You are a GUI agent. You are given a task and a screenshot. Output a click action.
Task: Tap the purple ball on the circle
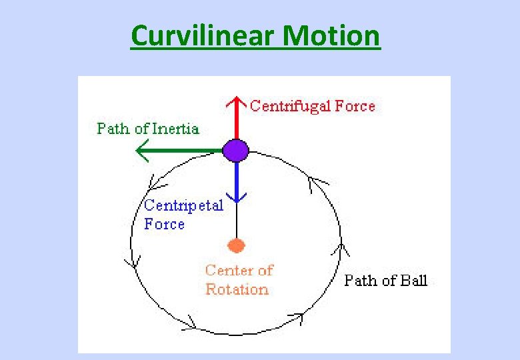(x=235, y=151)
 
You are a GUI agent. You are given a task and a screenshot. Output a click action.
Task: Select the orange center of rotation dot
(x=236, y=245)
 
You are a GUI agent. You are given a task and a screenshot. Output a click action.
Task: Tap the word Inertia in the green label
(x=175, y=129)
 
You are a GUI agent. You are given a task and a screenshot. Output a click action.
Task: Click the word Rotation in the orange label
(x=237, y=289)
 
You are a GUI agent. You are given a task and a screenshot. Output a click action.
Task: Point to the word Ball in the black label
(x=413, y=281)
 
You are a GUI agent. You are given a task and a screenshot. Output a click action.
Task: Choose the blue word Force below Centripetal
(x=164, y=224)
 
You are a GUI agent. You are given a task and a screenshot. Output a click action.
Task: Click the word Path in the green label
(x=113, y=129)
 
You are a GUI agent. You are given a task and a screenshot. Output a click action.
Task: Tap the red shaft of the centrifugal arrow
(x=235, y=123)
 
